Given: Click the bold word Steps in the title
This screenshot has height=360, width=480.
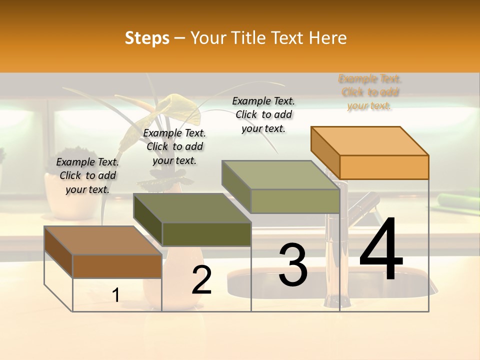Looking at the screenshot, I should (x=147, y=38).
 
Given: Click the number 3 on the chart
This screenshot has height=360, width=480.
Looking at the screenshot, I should (x=293, y=265).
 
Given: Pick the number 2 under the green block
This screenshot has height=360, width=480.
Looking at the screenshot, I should (x=202, y=280).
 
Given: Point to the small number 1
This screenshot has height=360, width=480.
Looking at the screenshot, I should (x=116, y=295).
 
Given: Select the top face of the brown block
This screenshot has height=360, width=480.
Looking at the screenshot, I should (x=102, y=240).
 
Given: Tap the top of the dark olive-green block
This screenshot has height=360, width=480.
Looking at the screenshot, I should (x=192, y=208).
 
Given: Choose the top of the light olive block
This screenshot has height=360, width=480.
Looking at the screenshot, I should (x=280, y=175).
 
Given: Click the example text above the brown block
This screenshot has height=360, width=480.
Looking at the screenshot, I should (x=87, y=175).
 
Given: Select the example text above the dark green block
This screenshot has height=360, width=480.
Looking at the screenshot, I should (x=174, y=146).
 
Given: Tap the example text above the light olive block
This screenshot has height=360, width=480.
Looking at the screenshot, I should (x=263, y=114).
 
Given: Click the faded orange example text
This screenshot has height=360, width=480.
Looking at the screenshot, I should (x=369, y=92).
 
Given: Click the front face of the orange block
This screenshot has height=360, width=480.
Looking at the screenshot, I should (x=384, y=167).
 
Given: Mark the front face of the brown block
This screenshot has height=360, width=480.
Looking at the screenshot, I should (x=117, y=266).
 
